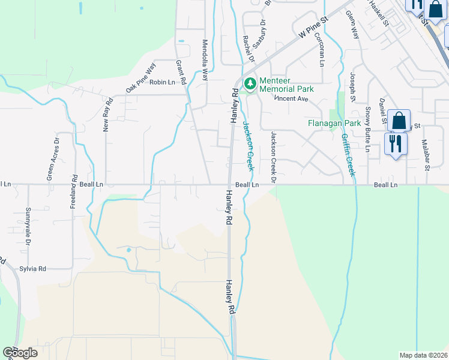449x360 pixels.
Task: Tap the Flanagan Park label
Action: (x=334, y=123)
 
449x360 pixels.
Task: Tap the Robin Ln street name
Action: (x=162, y=82)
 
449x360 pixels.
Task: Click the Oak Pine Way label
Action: (x=140, y=77)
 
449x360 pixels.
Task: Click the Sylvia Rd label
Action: (x=32, y=269)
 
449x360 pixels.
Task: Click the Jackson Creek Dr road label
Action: (x=273, y=157)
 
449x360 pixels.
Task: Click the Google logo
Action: (x=20, y=353)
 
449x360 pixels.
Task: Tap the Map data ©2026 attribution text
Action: (x=423, y=355)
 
